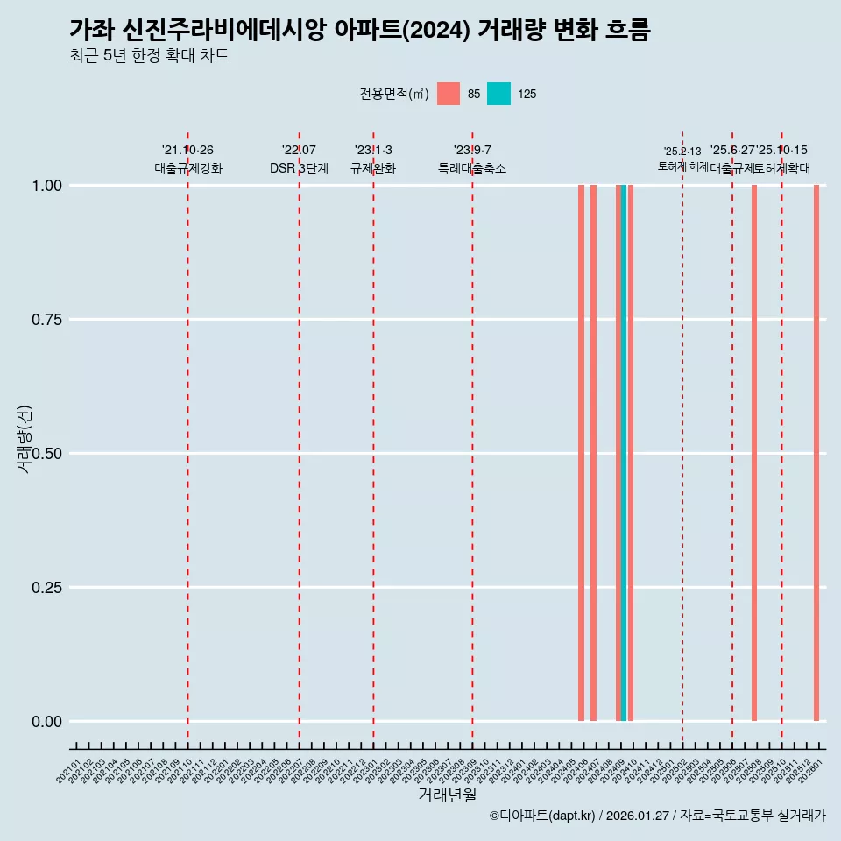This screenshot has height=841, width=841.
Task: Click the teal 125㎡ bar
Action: coord(624,453)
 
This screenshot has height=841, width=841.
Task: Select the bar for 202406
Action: coord(581,453)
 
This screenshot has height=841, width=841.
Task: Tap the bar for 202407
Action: coord(593,453)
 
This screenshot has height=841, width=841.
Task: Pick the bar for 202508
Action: coord(754,453)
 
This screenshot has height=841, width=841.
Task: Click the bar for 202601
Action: coord(816,453)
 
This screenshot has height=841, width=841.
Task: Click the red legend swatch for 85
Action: coord(449,94)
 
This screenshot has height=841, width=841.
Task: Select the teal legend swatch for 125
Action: coord(498,94)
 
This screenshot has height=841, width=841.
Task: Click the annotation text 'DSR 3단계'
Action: coord(299,168)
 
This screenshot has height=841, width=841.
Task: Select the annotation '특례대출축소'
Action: coord(472,168)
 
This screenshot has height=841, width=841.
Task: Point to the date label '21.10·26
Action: coord(187,151)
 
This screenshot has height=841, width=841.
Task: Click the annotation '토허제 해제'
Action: coord(682,166)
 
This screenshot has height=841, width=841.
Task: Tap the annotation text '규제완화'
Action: coord(373,168)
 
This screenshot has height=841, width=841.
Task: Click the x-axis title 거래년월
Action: coord(447,795)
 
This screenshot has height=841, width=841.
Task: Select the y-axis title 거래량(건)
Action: coord(24,439)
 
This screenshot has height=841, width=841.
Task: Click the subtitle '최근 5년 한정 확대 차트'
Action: coord(149,56)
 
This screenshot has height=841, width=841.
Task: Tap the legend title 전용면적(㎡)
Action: coord(393,94)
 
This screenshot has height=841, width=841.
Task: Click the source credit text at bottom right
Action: coord(657,816)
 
